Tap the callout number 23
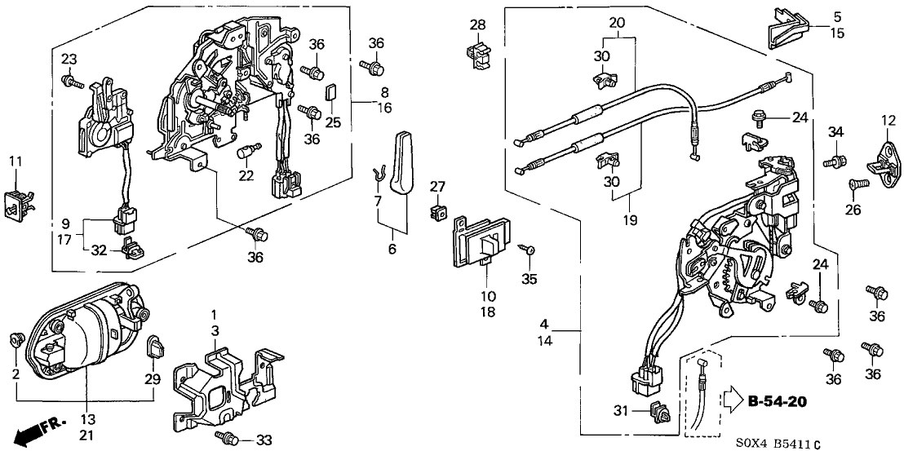(69, 58)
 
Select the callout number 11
(16, 163)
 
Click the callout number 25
(332, 122)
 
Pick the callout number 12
(888, 122)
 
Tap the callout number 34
(835, 132)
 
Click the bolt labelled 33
(226, 437)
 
